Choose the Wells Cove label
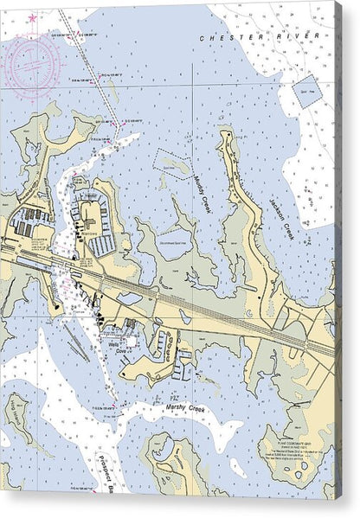coord(114,342)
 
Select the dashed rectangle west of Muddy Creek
coord(175,162)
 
